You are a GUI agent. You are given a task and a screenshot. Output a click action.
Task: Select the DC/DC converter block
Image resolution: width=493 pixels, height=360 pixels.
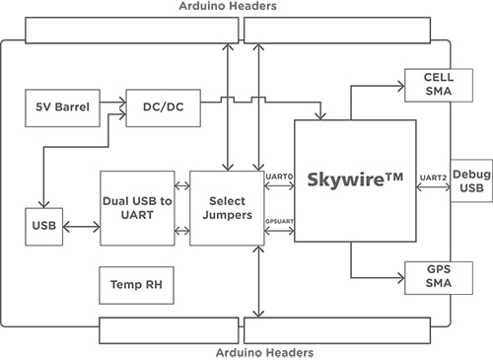point(157,107)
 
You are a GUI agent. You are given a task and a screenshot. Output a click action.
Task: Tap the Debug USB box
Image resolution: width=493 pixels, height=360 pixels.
point(470,180)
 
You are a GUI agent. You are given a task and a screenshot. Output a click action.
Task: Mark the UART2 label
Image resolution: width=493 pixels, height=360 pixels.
point(431,176)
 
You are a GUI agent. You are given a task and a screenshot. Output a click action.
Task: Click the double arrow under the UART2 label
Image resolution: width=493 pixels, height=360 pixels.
point(431,188)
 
